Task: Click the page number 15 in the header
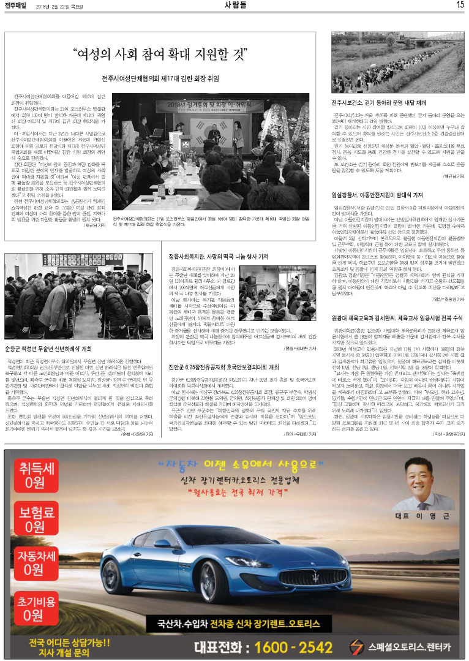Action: (x=460, y=6)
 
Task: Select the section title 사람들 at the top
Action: (x=235, y=6)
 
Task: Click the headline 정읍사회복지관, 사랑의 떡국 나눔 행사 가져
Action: (x=219, y=255)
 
